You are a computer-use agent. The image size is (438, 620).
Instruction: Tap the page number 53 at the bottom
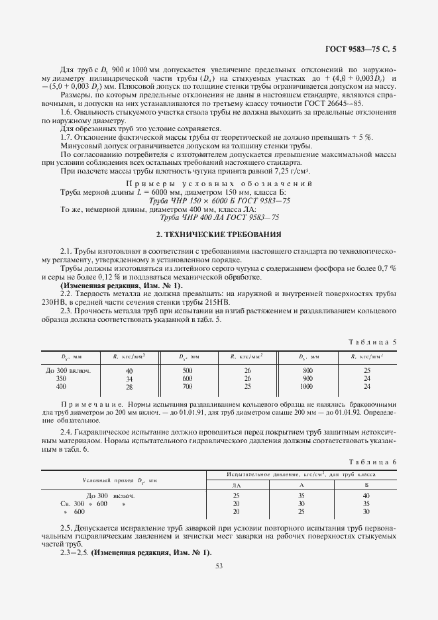click(x=219, y=565)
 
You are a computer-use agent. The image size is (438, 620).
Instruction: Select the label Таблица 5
click(x=373, y=342)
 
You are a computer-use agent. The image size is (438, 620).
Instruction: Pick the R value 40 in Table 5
click(x=129, y=371)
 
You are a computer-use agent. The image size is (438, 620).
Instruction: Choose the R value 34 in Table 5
click(x=129, y=378)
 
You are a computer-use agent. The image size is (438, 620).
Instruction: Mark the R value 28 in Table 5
click(x=129, y=386)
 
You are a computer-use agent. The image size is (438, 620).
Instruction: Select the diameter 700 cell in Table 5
click(x=187, y=386)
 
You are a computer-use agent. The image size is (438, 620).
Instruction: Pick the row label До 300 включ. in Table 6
click(x=111, y=495)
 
